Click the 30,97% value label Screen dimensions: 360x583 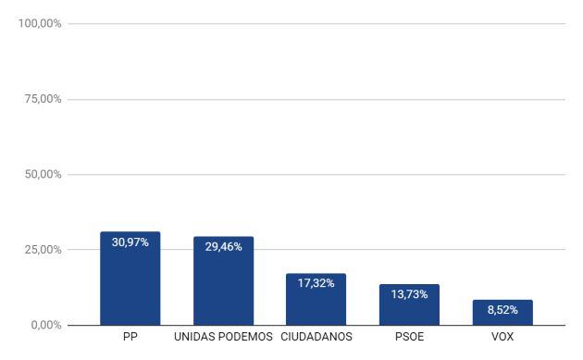[130, 242]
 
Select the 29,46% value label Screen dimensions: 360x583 [223, 247]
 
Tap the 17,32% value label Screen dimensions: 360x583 [316, 283]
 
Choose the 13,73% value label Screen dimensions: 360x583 [409, 294]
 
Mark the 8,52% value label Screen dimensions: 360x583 [502, 310]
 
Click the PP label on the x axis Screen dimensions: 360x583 [130, 337]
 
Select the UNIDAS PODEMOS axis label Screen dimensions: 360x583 [223, 337]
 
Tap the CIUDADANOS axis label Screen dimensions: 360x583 [316, 337]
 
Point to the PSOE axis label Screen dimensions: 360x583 [409, 337]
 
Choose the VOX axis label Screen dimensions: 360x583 [502, 337]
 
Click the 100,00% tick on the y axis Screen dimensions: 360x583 [40, 23]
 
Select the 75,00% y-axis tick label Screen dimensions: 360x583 [43, 99]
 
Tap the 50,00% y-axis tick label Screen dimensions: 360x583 [43, 174]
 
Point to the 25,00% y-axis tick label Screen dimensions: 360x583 [43, 250]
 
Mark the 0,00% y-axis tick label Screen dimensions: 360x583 [45, 325]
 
